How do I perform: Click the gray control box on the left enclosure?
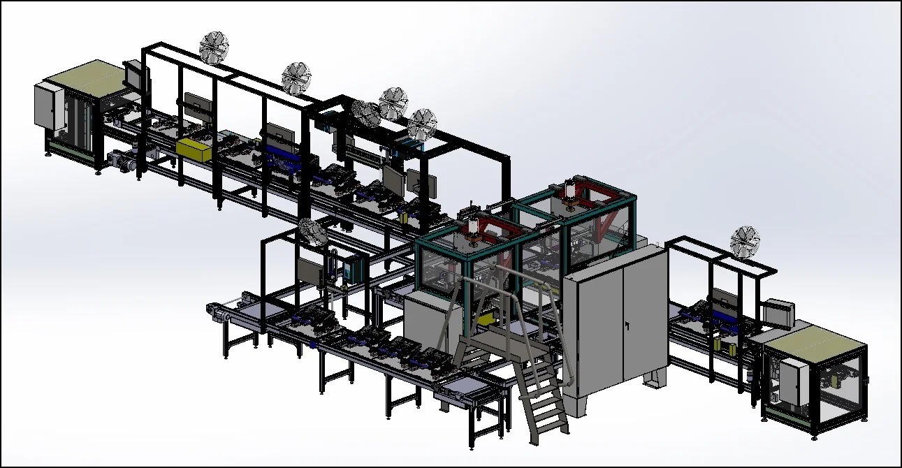47,105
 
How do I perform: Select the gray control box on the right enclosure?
789,381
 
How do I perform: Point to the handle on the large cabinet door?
627,326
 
